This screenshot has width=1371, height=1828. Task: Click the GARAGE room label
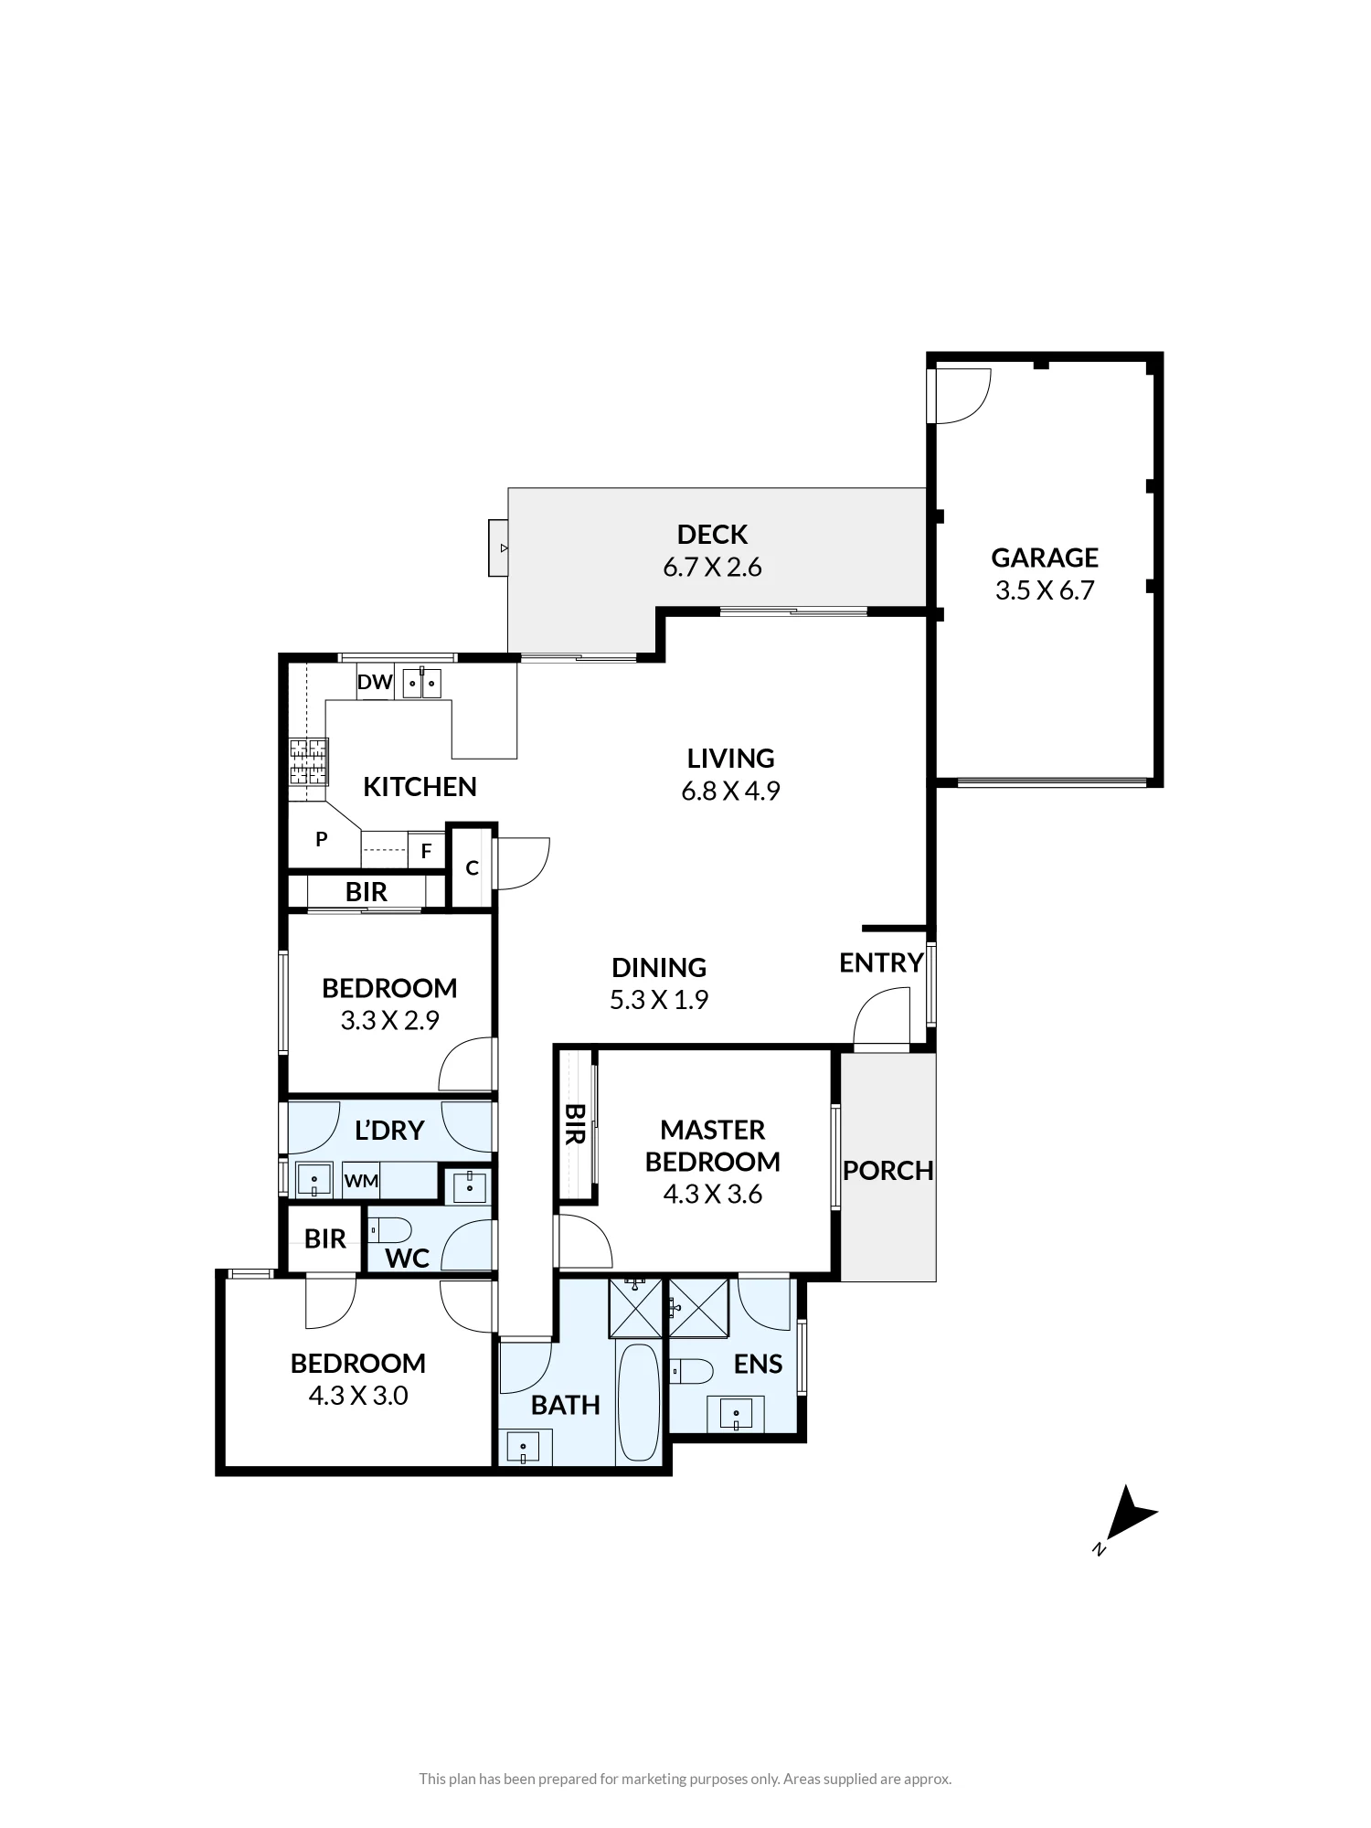(x=1045, y=558)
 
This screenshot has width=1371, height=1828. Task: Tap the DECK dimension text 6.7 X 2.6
(x=712, y=568)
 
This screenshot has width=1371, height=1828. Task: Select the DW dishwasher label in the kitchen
(x=375, y=682)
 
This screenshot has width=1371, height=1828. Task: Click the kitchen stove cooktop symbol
(x=309, y=762)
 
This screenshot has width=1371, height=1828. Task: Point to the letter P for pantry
(x=322, y=839)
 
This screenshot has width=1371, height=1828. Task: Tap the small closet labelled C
(x=472, y=867)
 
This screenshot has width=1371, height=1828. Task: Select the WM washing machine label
(x=361, y=1181)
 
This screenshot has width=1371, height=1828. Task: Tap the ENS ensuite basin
(x=736, y=1414)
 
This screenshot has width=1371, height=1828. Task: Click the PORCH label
(x=888, y=1171)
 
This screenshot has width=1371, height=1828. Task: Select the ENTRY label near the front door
(x=881, y=962)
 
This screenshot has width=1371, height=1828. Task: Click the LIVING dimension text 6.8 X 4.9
(x=730, y=792)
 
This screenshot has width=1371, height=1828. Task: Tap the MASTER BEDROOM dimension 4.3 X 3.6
(x=713, y=1195)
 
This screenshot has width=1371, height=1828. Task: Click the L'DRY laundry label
(x=389, y=1131)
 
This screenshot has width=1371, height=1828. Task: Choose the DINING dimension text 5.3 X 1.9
(x=659, y=1000)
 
